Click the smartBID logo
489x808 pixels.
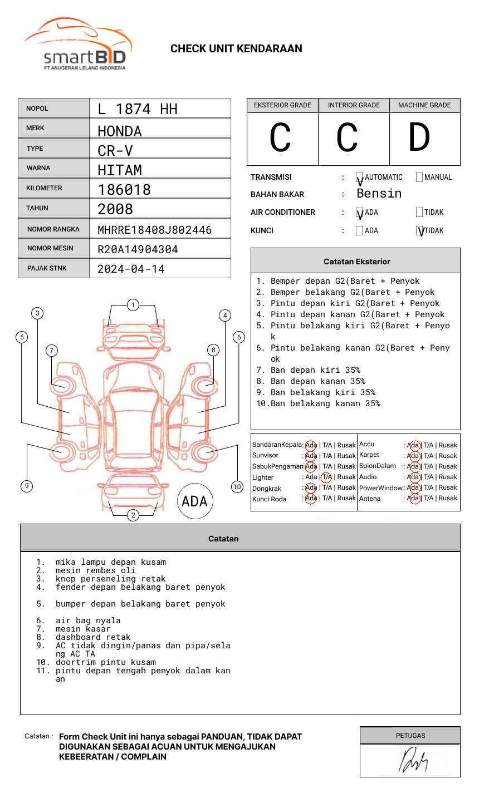point(78,45)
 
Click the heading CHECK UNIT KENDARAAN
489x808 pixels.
point(236,49)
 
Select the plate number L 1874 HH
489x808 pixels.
point(138,109)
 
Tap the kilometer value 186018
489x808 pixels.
point(124,190)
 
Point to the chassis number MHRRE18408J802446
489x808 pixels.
point(154,230)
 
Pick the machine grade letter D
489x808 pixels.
point(419,138)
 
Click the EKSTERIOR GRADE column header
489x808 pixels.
point(282,105)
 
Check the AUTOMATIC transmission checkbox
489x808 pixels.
point(360,178)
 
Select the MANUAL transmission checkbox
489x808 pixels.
point(419,178)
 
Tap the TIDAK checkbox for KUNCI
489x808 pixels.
point(420,231)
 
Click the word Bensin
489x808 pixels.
point(379,194)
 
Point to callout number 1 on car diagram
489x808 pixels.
point(133,305)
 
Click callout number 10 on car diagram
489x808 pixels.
point(237,487)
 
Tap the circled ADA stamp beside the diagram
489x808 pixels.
point(194,501)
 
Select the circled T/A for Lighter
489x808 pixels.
point(326,477)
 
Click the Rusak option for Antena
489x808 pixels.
point(448,499)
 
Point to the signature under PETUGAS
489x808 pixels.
point(413,761)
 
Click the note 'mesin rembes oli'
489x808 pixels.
point(95,570)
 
